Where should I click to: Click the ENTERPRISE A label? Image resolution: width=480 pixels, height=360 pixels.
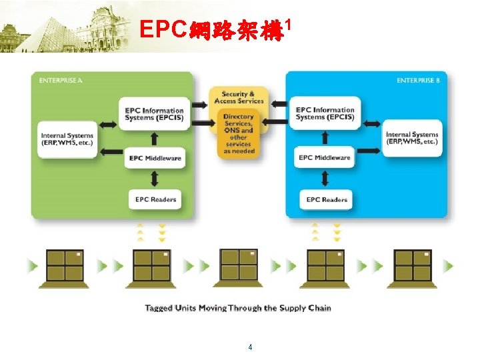pyautogui.click(x=61, y=81)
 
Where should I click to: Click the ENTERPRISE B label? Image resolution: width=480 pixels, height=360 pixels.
pyautogui.click(x=418, y=81)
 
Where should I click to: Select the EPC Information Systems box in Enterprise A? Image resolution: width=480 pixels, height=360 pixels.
pyautogui.click(x=154, y=114)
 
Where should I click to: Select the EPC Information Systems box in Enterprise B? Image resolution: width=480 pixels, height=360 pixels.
pyautogui.click(x=325, y=113)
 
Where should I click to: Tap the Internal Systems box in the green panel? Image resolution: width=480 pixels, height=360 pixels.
pyautogui.click(x=67, y=139)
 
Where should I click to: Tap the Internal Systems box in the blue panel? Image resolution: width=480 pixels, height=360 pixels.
pyautogui.click(x=412, y=138)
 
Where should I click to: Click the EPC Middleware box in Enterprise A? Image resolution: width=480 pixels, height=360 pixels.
pyautogui.click(x=154, y=159)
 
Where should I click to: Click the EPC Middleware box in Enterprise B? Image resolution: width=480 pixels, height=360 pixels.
pyautogui.click(x=325, y=158)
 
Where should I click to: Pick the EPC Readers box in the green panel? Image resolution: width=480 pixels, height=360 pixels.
pyautogui.click(x=154, y=199)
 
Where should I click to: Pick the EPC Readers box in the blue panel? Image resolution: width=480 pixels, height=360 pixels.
pyautogui.click(x=327, y=199)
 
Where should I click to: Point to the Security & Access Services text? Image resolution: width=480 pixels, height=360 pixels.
pyautogui.click(x=239, y=98)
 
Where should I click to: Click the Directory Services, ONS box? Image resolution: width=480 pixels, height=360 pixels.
pyautogui.click(x=238, y=134)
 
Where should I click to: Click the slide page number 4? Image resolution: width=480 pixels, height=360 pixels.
pyautogui.click(x=250, y=347)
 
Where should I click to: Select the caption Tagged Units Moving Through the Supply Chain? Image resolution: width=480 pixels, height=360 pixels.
pyautogui.click(x=238, y=308)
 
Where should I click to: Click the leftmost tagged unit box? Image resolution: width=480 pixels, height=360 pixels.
pyautogui.click(x=65, y=266)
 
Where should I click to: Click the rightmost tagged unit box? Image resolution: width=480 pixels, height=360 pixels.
pyautogui.click(x=413, y=266)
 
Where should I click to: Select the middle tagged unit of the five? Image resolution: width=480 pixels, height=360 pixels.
pyautogui.click(x=239, y=265)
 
